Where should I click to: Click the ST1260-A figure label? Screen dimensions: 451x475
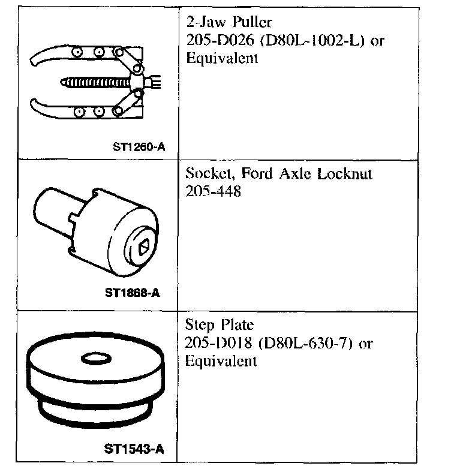click(139, 147)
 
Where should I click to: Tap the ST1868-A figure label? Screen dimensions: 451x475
click(133, 293)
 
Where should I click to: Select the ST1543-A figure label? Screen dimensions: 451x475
click(134, 449)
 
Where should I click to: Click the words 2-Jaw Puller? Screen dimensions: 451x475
click(229, 22)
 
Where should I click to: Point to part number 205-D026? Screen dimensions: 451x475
click(220, 40)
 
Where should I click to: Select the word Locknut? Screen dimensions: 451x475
click(345, 174)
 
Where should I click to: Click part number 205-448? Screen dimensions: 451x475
click(214, 191)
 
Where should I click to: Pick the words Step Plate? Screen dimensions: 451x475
click(220, 325)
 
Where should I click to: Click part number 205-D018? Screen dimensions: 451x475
click(218, 343)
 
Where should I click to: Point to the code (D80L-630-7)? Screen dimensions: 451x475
click(306, 343)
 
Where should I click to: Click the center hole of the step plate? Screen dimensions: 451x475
click(96, 359)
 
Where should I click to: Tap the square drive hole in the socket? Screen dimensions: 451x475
click(144, 247)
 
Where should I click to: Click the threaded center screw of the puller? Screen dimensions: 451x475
click(95, 82)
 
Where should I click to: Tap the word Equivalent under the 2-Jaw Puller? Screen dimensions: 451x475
click(222, 58)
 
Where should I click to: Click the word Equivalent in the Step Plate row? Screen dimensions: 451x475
click(221, 361)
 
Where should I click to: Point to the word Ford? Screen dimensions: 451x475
click(257, 174)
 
